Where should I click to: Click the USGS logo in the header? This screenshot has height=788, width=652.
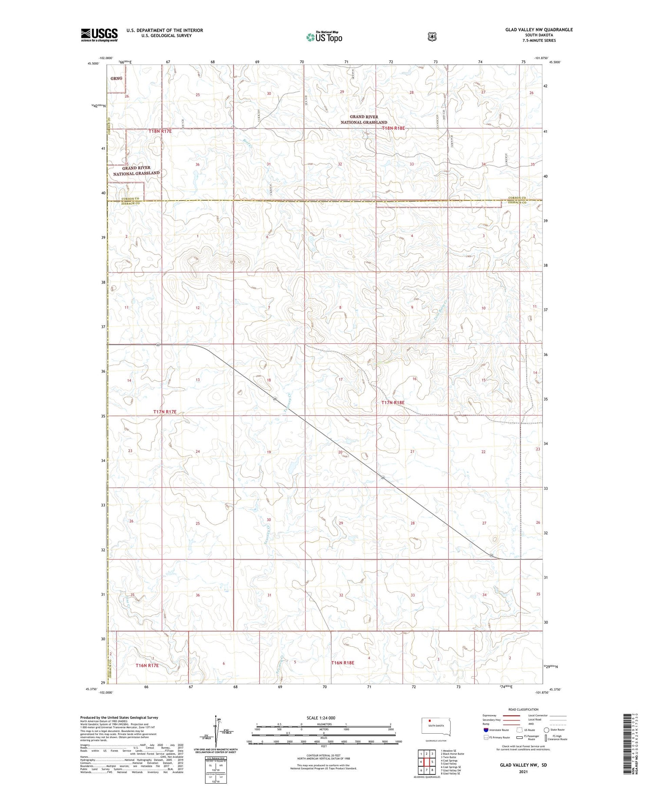[99, 34]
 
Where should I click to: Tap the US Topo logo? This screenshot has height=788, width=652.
[324, 37]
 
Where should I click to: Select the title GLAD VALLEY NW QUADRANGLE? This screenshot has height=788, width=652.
[539, 30]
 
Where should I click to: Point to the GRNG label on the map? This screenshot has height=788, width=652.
[116, 78]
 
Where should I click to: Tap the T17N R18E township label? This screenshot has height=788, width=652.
[393, 402]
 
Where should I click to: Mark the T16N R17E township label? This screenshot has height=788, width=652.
[147, 665]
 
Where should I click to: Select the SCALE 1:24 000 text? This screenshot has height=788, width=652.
[321, 718]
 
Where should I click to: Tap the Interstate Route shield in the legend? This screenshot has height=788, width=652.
[486, 730]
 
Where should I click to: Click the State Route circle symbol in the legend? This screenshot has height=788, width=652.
[547, 730]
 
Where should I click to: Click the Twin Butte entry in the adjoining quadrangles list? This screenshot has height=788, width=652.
[449, 757]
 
